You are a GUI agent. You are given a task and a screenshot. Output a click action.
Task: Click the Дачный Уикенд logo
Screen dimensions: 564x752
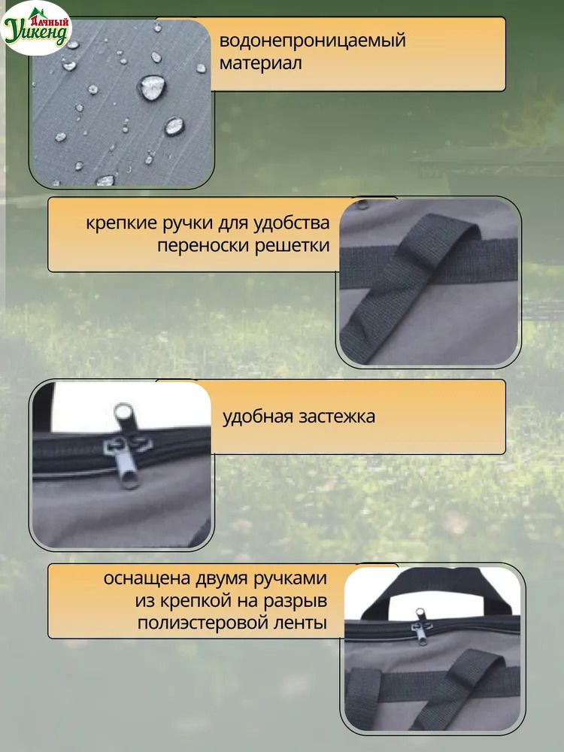pos(36,29)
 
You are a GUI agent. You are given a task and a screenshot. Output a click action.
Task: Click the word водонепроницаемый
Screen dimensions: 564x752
pos(312,41)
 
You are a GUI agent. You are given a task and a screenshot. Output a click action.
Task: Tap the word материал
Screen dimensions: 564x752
pos(260,63)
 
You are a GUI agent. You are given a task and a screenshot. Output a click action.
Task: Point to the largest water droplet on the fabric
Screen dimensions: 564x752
pos(152,87)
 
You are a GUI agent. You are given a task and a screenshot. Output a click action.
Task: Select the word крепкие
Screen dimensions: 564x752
pos(122,223)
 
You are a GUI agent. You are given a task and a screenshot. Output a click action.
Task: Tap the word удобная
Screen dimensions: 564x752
pos(257,417)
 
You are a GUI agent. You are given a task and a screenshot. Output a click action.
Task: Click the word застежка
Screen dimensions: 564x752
pos(337,417)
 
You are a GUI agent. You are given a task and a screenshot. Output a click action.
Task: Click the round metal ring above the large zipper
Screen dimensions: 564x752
pos(124,412)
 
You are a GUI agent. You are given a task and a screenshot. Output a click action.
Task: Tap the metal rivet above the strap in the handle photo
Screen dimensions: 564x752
pos(362,205)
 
